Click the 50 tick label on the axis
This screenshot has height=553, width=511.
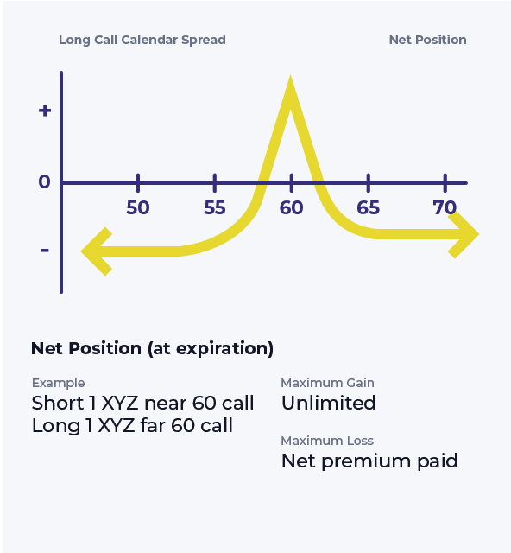point(138,207)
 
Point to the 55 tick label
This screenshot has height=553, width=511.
point(215,207)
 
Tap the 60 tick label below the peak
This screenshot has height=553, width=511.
point(291,207)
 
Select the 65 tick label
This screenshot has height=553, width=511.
point(369,207)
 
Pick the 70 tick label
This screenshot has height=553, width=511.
point(445,207)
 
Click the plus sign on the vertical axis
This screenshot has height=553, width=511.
point(45,111)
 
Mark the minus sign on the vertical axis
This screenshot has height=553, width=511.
point(45,251)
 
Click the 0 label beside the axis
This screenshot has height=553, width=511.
point(44,181)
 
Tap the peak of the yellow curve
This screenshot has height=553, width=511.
point(290,77)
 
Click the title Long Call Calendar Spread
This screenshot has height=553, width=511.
point(142,40)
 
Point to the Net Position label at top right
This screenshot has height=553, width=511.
point(427,40)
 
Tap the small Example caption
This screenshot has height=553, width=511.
point(58,383)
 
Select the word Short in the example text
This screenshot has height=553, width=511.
point(58,403)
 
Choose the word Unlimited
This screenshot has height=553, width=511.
point(329,403)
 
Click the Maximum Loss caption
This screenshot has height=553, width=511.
point(327,441)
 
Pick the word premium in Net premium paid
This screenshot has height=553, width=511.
point(366,461)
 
